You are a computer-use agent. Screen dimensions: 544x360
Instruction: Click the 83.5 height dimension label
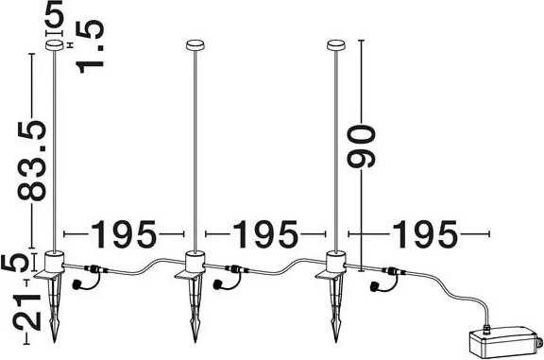pos(32,160)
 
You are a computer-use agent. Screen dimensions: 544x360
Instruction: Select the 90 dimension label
pos(362,146)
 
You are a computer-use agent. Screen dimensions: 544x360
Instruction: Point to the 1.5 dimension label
pos(91,46)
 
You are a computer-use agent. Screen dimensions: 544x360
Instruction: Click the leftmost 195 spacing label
pos(124,234)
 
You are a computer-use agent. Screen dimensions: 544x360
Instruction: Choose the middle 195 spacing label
pos(265,234)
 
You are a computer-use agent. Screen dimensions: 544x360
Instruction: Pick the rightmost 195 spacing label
pos(425,234)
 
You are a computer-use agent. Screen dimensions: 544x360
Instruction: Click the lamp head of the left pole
pos(55,45)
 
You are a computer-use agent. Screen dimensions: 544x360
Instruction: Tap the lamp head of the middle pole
pos(195,45)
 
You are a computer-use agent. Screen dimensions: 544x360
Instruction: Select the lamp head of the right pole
pos(336,45)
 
